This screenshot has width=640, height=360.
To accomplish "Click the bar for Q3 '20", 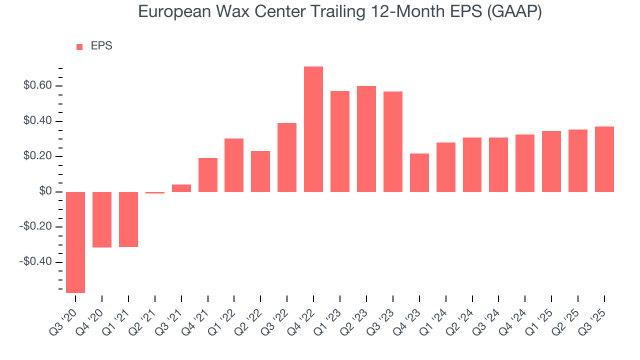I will [x=75, y=242].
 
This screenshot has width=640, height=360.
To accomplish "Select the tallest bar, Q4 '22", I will [x=313, y=129].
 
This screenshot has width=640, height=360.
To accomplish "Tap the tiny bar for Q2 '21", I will [x=155, y=192].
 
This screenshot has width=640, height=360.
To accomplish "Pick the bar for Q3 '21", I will [x=181, y=188].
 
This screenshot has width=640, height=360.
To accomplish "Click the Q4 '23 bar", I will [x=419, y=172].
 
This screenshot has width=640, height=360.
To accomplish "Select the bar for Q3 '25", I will [x=604, y=159].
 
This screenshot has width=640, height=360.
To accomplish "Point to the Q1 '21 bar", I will [x=128, y=219].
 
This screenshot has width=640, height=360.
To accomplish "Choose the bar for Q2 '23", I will [x=366, y=139].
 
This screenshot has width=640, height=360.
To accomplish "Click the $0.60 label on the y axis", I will [x=37, y=86].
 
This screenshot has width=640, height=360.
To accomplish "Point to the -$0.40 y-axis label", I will [x=36, y=262].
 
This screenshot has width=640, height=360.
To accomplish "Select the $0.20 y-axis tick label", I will [x=37, y=156].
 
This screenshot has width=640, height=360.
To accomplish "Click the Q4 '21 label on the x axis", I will [x=196, y=316].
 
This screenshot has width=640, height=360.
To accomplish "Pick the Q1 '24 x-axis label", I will [x=434, y=316].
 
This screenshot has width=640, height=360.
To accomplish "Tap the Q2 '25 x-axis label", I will [x=566, y=316].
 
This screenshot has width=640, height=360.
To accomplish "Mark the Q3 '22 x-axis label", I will [x=276, y=316].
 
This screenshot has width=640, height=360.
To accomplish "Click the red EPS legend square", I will [x=79, y=47].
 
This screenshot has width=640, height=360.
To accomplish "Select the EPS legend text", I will [x=101, y=46].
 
